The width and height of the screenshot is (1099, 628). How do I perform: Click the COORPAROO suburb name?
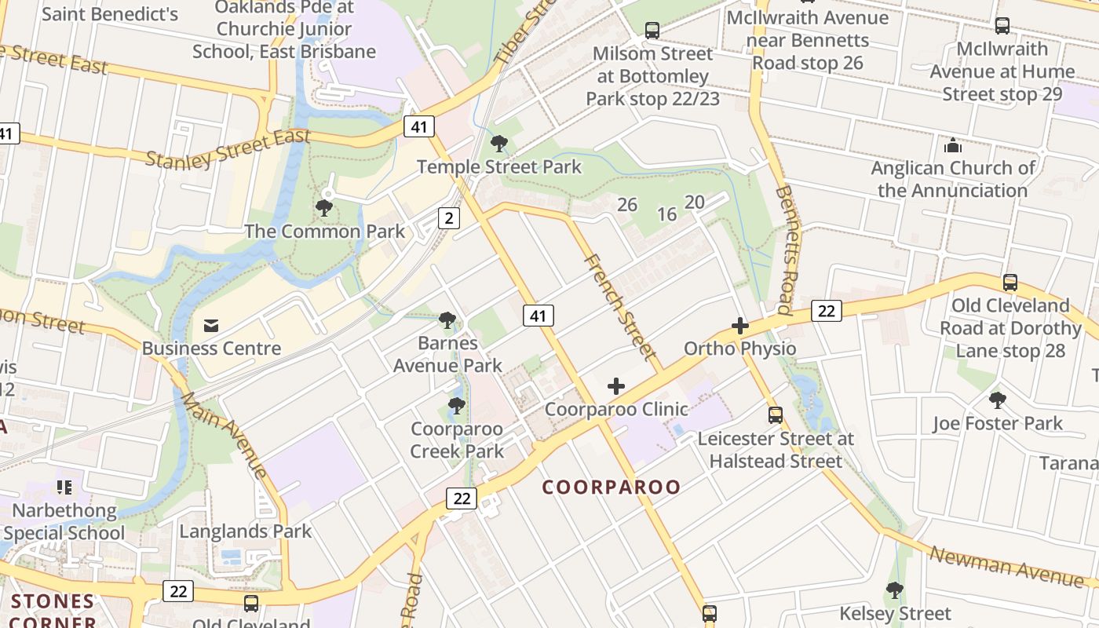pos(612,487)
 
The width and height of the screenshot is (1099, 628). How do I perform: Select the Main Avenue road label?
pos(225,435)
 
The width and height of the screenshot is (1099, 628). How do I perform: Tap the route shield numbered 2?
pos(447,218)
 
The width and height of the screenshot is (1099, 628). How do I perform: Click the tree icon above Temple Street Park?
pos(498,144)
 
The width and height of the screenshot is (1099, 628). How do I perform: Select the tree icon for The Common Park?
pos(323,208)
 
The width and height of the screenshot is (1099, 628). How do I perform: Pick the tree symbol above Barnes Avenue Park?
pos(447,320)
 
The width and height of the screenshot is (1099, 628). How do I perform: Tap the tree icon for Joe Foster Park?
pos(997,400)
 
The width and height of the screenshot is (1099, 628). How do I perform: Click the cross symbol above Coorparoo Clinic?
pos(616,386)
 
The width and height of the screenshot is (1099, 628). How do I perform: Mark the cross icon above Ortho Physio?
pos(739,325)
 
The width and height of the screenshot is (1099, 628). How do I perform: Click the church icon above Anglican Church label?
pos(953,145)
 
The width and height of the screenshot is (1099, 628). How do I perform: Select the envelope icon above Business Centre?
pos(211,325)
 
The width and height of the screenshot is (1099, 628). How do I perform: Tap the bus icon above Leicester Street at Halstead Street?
pos(776,414)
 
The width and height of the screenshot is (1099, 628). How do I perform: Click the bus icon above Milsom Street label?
pos(652,31)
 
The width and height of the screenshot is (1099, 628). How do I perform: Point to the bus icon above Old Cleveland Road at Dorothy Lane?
pos(1010,283)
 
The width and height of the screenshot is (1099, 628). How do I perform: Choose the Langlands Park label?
pos(245,531)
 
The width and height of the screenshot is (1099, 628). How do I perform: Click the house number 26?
pos(626,205)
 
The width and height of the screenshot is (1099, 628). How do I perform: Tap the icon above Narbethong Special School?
pos(64,487)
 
